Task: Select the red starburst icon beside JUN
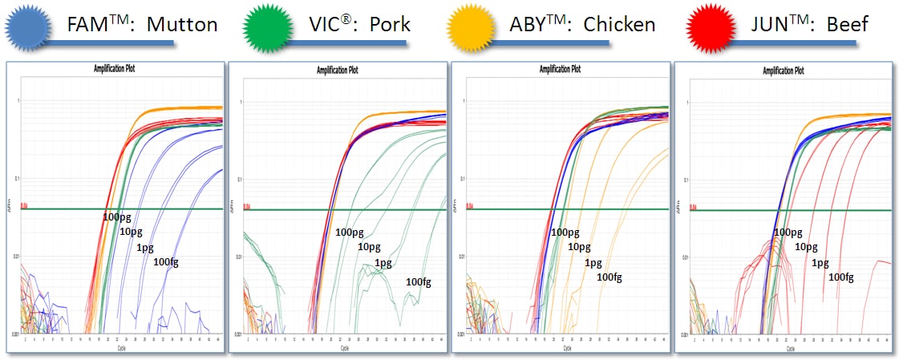point(710,26)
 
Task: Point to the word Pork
point(390,25)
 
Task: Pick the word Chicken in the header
point(622,25)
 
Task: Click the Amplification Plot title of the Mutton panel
point(115,69)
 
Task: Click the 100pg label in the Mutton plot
point(118,217)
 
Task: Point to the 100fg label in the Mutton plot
point(165,262)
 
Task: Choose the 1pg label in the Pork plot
point(383,263)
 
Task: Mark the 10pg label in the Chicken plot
point(579,246)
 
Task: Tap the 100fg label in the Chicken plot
point(609,277)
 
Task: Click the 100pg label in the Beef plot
point(788,232)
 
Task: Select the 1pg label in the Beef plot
point(820,262)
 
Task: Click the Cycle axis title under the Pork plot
point(343,349)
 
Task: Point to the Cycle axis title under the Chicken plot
point(566,349)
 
